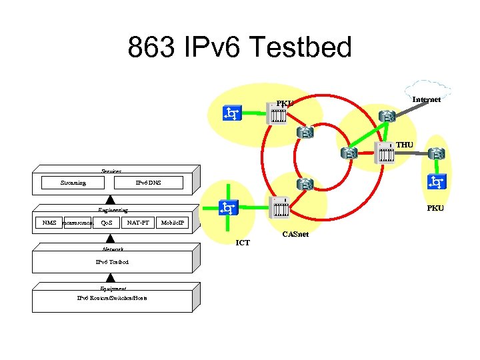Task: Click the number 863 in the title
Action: (x=154, y=47)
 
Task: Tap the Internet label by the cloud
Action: (x=426, y=99)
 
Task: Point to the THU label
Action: (x=405, y=145)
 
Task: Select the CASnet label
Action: (x=295, y=235)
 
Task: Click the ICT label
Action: (x=243, y=243)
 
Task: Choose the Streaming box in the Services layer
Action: (x=73, y=182)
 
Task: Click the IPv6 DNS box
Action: (x=148, y=182)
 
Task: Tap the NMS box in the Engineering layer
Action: (x=49, y=222)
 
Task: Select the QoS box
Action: (x=106, y=222)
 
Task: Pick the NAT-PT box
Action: (x=138, y=222)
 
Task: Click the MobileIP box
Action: (x=174, y=222)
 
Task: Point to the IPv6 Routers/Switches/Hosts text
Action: (x=112, y=297)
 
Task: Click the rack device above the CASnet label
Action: (x=278, y=208)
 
